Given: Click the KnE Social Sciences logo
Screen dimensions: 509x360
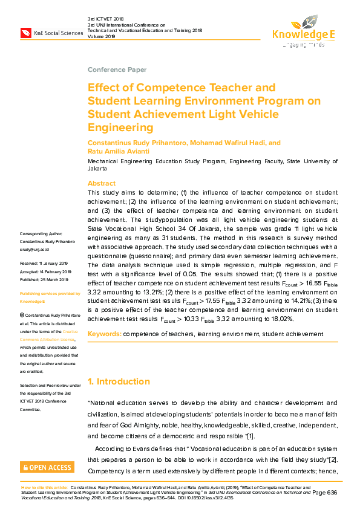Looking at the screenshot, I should tap(51, 32).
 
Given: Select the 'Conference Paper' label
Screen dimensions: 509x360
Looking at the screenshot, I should tap(117, 70).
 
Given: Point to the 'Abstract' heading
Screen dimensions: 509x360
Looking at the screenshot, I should tap(101, 183).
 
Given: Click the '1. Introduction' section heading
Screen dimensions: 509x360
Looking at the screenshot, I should tap(119, 381).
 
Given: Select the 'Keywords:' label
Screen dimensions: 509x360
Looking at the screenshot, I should tap(104, 334).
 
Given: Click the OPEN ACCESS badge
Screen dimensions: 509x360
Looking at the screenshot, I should tap(47, 467).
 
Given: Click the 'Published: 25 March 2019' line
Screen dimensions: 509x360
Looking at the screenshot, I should tap(45, 279).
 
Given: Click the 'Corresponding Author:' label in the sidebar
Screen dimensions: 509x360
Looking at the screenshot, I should tap(41, 234).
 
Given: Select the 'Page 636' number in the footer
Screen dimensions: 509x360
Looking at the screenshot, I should tap(324, 493).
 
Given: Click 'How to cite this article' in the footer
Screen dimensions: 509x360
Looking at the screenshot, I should tap(44, 486).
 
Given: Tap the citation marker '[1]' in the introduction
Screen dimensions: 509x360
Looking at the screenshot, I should tap(250, 436).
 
